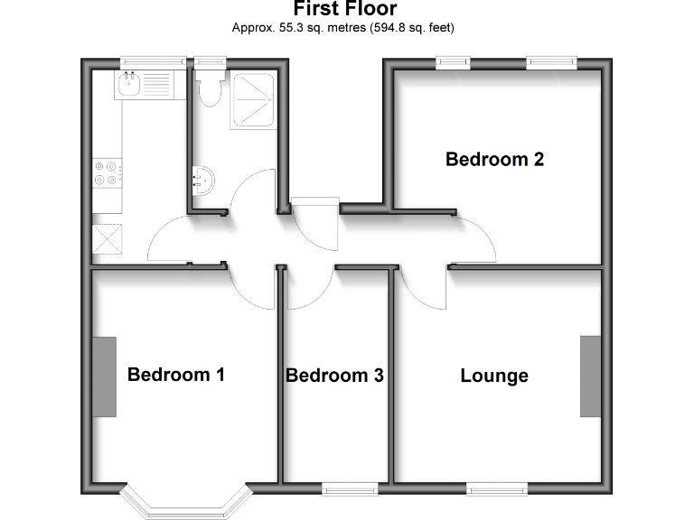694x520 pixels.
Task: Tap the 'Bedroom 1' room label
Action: pos(175,374)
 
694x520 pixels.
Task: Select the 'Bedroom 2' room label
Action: pos(494,160)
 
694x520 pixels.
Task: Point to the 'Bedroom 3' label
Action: pos(334,376)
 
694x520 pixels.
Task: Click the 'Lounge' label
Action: pos(493,376)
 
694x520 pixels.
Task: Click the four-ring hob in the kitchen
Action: pos(107,172)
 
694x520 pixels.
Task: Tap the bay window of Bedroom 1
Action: pos(185,502)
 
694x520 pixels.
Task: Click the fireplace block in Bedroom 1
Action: pos(104,376)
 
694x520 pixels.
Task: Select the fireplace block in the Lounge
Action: pos(591,376)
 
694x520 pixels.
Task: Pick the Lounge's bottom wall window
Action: pos(496,488)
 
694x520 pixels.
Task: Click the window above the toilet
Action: pos(210,62)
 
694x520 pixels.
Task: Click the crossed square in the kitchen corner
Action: pos(107,240)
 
